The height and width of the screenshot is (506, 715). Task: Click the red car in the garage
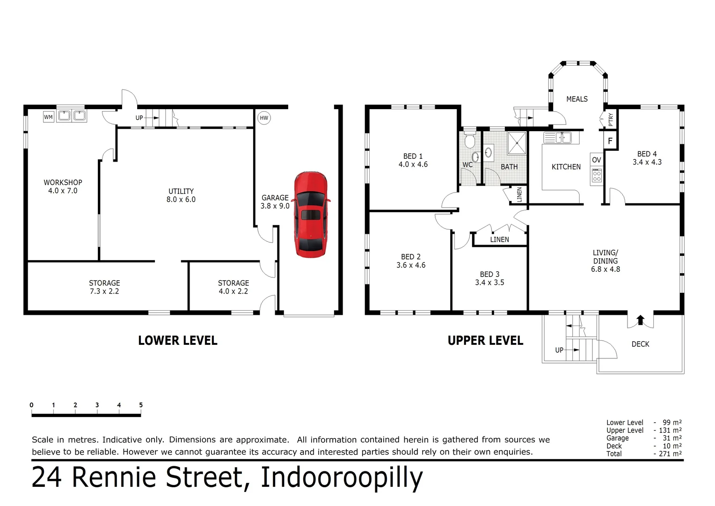(x=311, y=215)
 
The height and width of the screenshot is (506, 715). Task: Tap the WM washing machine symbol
(x=48, y=117)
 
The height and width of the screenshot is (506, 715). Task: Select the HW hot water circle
(x=264, y=118)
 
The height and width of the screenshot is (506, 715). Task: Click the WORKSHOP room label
(x=63, y=182)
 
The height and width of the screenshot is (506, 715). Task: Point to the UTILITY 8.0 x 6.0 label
(x=181, y=195)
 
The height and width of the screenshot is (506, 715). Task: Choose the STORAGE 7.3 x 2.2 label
(x=104, y=287)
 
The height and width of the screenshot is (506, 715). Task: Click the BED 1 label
(x=413, y=156)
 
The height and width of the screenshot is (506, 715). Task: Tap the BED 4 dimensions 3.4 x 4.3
(x=647, y=162)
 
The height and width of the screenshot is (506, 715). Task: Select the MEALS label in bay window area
(x=576, y=99)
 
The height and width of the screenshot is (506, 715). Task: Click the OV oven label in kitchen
(x=596, y=160)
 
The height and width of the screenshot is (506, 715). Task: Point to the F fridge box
(x=610, y=141)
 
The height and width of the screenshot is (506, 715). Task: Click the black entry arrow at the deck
(x=640, y=320)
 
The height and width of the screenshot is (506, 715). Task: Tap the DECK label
(x=640, y=344)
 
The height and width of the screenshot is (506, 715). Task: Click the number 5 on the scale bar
(x=141, y=405)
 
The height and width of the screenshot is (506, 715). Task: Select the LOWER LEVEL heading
(x=177, y=341)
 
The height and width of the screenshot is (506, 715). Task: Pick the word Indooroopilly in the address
(x=341, y=477)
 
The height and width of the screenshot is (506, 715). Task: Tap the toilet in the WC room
(x=470, y=141)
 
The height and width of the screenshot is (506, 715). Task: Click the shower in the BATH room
(x=517, y=142)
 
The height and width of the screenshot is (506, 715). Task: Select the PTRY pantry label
(x=611, y=119)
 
